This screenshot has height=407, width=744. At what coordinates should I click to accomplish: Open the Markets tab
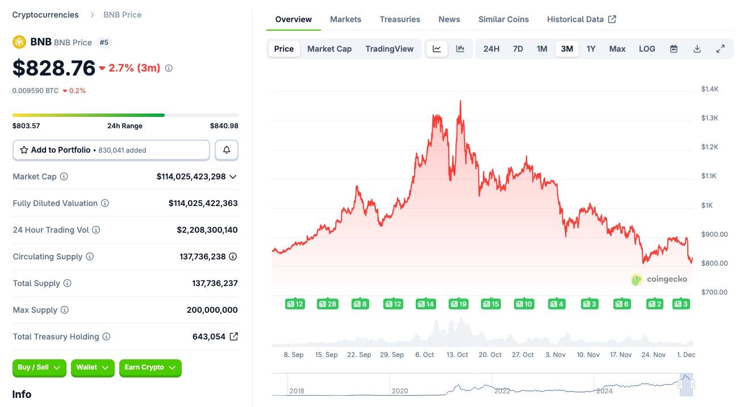(345, 19)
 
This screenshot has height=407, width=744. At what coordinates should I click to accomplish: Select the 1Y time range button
(591, 49)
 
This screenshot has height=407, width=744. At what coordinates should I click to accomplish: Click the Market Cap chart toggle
(329, 49)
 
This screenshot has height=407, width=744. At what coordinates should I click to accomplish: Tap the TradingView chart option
(389, 49)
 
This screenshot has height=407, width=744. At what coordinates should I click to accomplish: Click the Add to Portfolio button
(111, 150)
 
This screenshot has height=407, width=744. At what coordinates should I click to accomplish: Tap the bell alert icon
(227, 150)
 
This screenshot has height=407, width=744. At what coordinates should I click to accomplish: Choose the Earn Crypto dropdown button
(150, 368)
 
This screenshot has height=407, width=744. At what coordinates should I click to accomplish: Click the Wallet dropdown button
(93, 368)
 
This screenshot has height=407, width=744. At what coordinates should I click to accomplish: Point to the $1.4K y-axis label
(710, 89)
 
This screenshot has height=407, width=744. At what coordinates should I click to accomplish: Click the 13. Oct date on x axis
(457, 355)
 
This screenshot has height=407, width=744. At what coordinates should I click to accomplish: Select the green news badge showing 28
(327, 304)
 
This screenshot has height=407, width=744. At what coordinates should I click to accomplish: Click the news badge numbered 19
(458, 304)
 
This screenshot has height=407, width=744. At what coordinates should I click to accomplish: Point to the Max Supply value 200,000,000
(212, 310)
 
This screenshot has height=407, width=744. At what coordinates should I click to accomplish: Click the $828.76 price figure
(54, 68)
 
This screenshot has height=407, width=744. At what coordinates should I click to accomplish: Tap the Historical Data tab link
(581, 19)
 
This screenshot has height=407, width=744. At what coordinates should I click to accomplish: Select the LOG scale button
(647, 49)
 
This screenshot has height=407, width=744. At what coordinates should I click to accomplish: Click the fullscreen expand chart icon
(720, 49)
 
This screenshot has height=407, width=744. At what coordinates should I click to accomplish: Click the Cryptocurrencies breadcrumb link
(45, 15)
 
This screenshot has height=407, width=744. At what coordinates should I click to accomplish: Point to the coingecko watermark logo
(659, 279)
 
